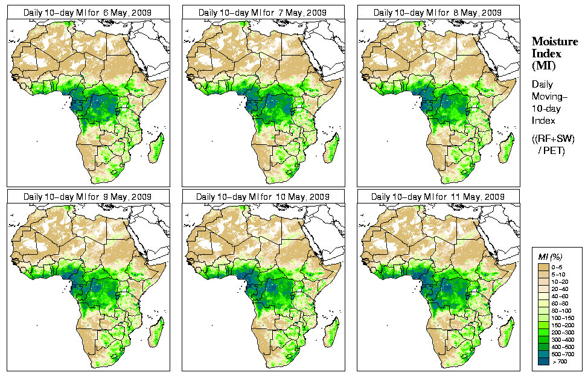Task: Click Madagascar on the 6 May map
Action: point(156,148)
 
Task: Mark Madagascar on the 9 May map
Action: point(156,332)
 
